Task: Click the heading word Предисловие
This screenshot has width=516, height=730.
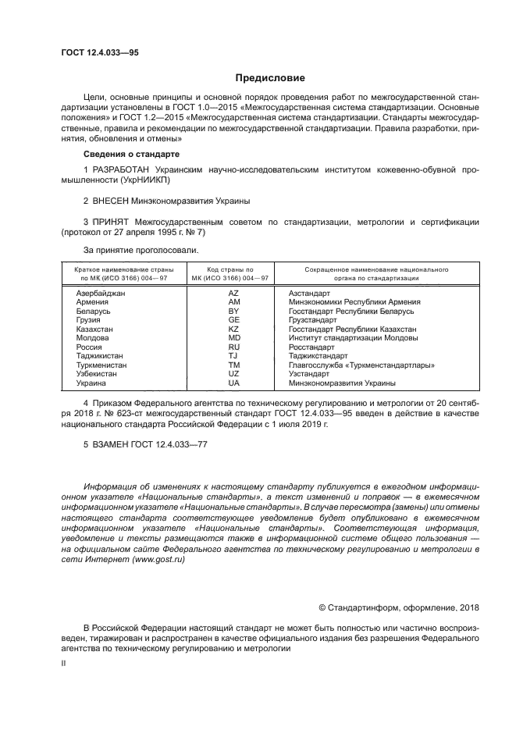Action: [x=269, y=77]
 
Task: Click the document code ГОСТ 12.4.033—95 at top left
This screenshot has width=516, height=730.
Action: [x=99, y=52]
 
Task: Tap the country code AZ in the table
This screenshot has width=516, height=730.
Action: [x=233, y=293]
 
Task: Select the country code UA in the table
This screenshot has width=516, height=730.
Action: [x=233, y=383]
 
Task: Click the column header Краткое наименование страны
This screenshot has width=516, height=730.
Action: [x=122, y=269]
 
